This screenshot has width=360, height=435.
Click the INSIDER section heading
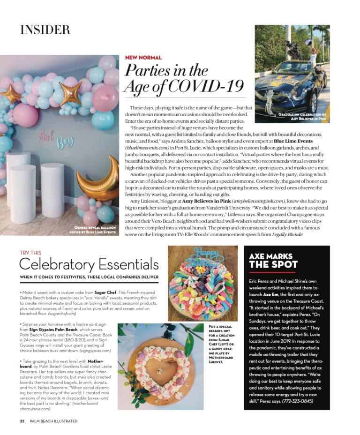45,30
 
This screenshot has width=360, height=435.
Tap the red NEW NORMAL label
143,58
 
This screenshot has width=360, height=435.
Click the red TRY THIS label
30,253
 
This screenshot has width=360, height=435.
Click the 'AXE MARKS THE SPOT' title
272,261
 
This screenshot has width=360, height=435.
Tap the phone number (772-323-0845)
298,401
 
